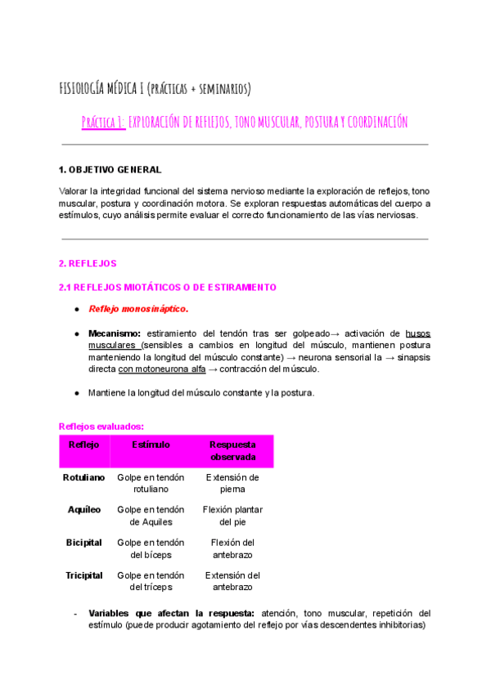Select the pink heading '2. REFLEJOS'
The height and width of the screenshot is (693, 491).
[88, 264]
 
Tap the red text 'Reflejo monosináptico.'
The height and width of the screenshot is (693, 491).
[138, 309]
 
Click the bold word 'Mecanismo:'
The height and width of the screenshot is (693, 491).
[115, 333]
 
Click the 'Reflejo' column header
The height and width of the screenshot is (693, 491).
[84, 445]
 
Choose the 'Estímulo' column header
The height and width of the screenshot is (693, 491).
[151, 445]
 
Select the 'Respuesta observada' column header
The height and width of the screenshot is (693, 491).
[232, 451]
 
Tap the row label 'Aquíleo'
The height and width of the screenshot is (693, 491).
[84, 510]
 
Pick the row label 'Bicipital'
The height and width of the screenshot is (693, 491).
[84, 543]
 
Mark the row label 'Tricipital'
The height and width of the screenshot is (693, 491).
[84, 575]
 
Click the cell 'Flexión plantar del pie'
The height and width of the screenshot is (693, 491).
[232, 516]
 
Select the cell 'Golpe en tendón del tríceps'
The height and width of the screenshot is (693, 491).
[151, 581]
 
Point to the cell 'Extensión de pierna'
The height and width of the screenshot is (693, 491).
[232, 483]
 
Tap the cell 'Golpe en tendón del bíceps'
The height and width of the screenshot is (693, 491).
[151, 548]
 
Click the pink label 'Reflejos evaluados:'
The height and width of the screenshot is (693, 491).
[101, 426]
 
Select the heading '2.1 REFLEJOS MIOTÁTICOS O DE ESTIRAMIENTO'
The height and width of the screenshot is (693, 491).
[168, 287]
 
